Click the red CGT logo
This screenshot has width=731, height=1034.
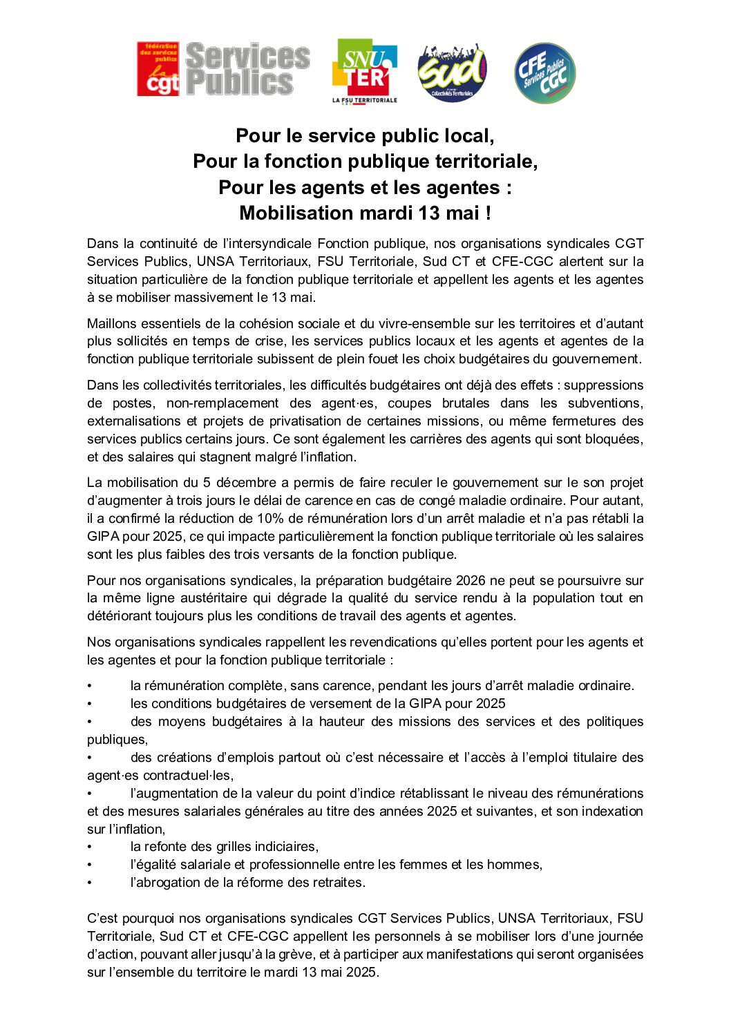pos(158,68)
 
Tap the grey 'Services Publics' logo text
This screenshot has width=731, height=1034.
pos(247,68)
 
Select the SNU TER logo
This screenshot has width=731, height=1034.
pos(365,70)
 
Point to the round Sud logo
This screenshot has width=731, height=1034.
pos(453,72)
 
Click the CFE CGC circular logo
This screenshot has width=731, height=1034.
pos(544,73)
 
